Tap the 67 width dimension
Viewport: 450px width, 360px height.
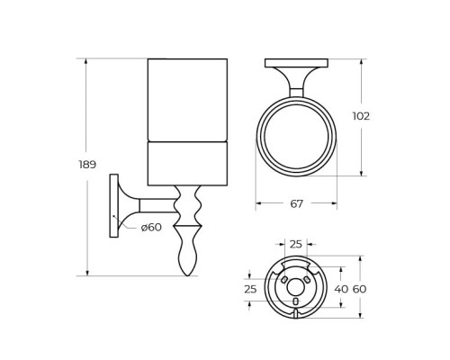coord(296,203)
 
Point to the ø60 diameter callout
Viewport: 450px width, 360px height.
coord(151,227)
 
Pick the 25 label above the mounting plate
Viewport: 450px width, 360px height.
coord(296,245)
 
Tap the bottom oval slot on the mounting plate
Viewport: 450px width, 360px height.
coord(296,301)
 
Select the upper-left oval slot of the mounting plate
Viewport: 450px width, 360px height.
coord(285,281)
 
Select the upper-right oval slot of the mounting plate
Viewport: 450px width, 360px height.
coord(308,281)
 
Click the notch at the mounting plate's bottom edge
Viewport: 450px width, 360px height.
coord(296,313)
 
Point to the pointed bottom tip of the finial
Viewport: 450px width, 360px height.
coord(188,274)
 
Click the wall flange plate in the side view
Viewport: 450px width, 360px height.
coord(113,205)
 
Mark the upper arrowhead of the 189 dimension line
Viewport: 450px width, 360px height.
coord(87,62)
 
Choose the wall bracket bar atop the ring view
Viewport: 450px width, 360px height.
coord(296,63)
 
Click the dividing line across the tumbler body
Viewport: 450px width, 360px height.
coord(187,141)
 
